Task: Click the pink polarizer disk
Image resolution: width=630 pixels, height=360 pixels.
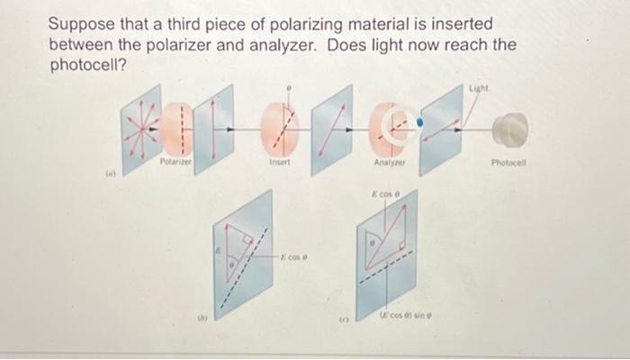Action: pos(177,126)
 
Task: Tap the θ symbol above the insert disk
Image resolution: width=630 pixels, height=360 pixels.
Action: pos(288,87)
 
